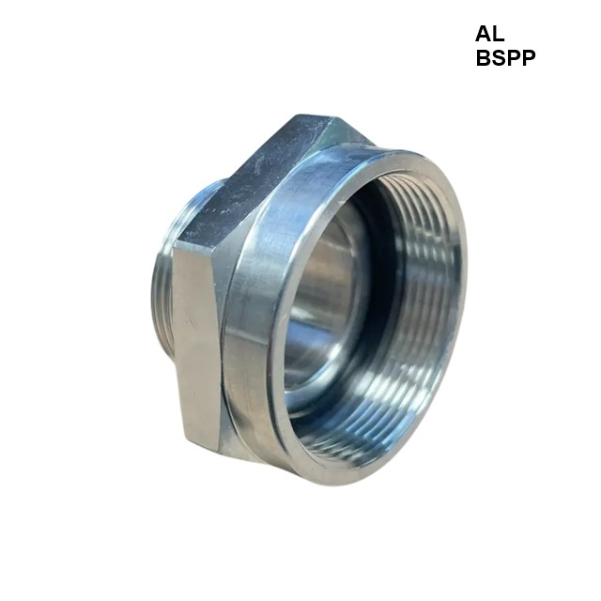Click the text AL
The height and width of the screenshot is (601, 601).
[x=489, y=34]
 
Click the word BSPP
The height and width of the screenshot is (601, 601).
[x=505, y=58]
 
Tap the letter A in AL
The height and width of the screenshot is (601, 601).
[x=483, y=34]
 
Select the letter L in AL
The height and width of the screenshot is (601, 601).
[x=499, y=34]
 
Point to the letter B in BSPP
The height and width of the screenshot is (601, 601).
[x=483, y=58]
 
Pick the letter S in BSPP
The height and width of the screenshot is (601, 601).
[x=498, y=58]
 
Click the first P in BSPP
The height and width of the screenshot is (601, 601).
[x=514, y=58]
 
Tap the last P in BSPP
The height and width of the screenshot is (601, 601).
[x=529, y=58]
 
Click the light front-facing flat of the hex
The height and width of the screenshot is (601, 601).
[x=196, y=345]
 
